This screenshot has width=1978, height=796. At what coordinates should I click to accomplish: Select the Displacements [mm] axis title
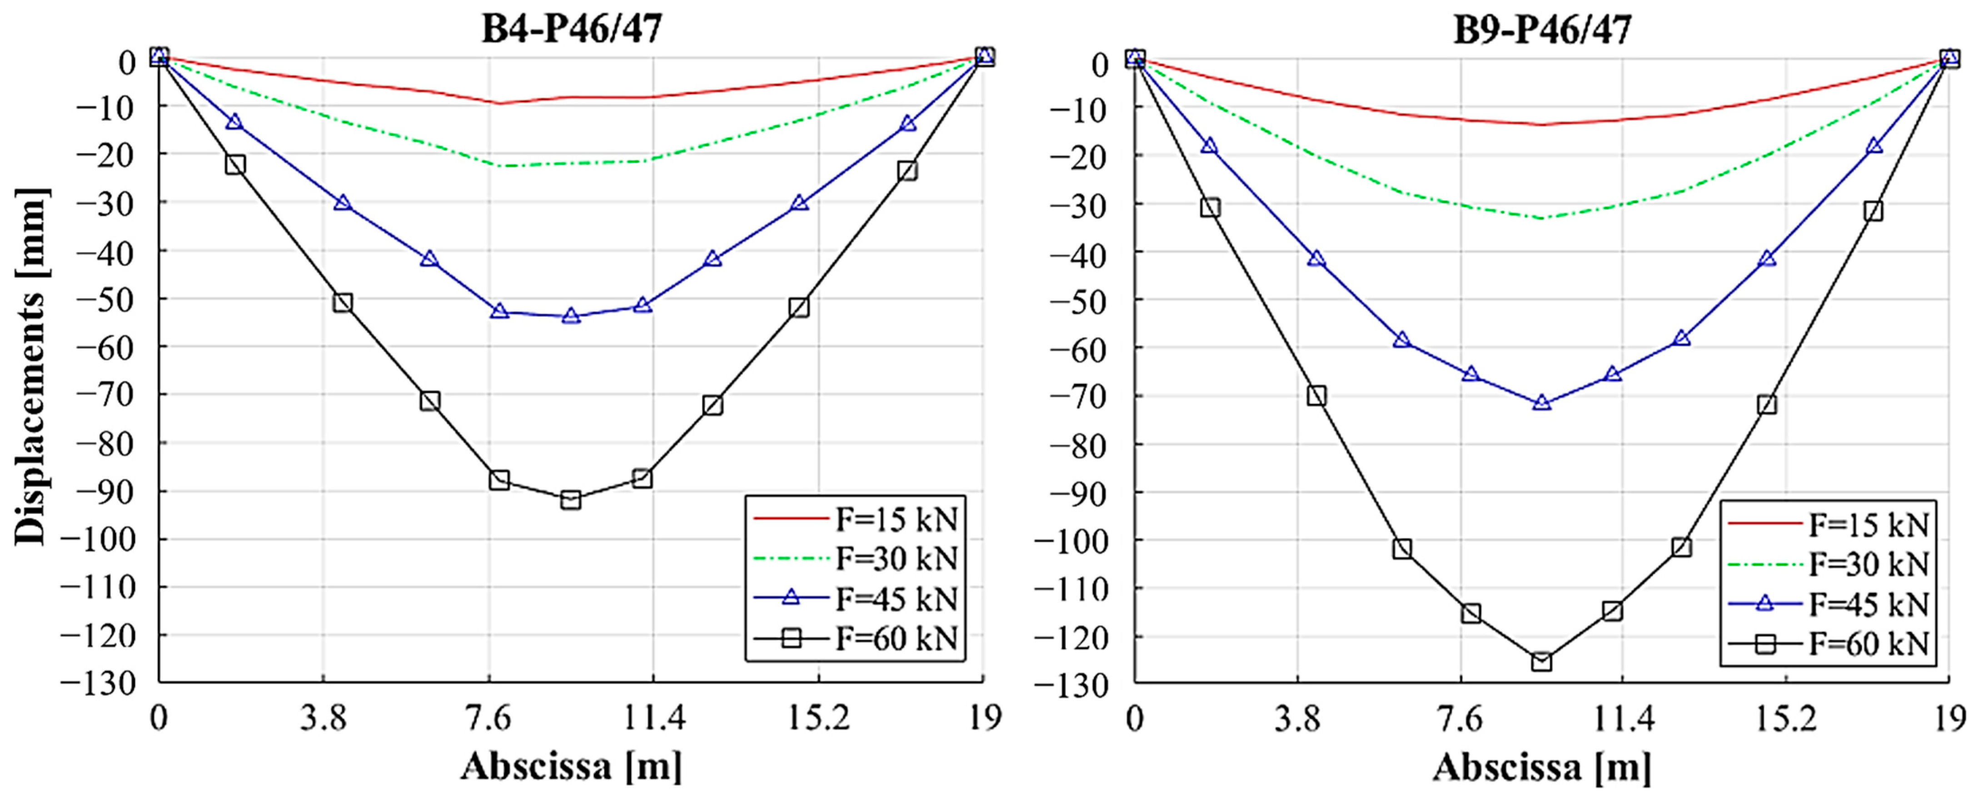coord(31,367)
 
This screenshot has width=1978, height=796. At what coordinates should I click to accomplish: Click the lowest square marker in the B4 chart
coord(571,499)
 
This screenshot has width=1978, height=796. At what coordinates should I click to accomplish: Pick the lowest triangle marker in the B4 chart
coord(571,316)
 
